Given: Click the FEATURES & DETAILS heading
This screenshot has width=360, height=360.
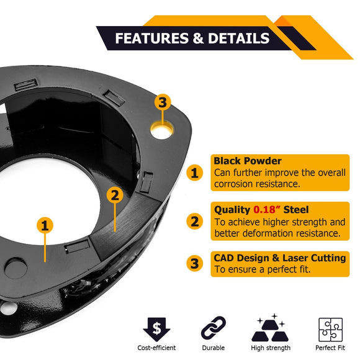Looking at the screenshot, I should point(192,38).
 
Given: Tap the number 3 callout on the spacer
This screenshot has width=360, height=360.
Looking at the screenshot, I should point(163,102).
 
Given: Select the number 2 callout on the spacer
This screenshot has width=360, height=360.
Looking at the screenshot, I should point(114,195).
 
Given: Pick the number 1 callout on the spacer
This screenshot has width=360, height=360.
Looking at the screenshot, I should point(45,225).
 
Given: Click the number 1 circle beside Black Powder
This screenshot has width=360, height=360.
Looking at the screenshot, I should point(195,173).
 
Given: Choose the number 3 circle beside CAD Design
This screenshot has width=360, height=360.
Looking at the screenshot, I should point(195,263).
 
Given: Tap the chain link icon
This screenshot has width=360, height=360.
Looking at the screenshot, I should point(213,328).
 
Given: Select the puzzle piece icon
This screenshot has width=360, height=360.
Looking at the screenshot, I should point(330,328).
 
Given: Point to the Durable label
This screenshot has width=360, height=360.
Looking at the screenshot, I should point(213,348).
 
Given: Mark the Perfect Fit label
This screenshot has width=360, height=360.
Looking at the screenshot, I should point(330,348).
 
